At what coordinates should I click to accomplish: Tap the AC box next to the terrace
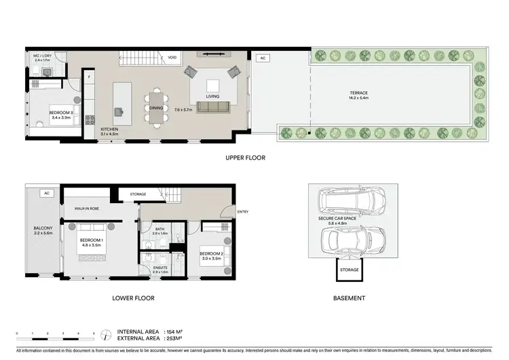click(x=263, y=58)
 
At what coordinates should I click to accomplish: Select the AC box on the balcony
click(x=46, y=193)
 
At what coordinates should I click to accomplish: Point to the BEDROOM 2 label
click(x=211, y=255)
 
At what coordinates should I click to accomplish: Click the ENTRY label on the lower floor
click(x=243, y=212)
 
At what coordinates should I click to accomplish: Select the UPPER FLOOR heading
click(x=245, y=158)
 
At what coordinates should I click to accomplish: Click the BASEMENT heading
click(x=350, y=298)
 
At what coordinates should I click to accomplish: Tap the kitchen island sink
click(x=121, y=111)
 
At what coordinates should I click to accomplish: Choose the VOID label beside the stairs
click(x=172, y=58)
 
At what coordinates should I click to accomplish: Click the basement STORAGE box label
click(x=350, y=271)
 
